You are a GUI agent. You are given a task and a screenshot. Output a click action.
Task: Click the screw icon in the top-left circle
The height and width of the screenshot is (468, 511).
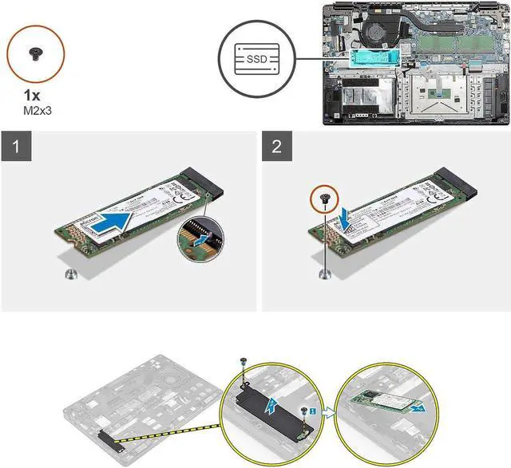[37, 54]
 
